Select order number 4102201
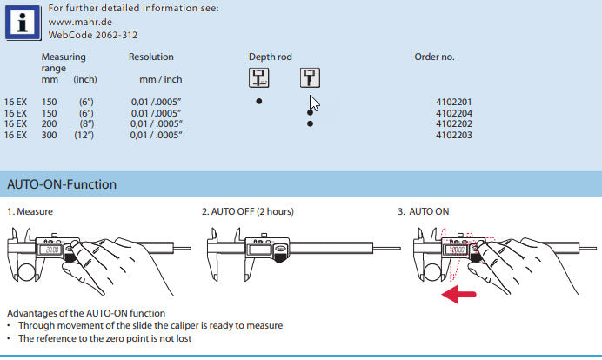453,102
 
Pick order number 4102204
453,113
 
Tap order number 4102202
453,124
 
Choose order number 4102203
453,135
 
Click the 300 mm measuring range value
50,135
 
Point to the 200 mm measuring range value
50,124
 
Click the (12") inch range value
85,135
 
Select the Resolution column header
151,57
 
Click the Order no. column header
435,57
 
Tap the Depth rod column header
271,57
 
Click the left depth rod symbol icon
259,78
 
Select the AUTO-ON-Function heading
62,184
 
